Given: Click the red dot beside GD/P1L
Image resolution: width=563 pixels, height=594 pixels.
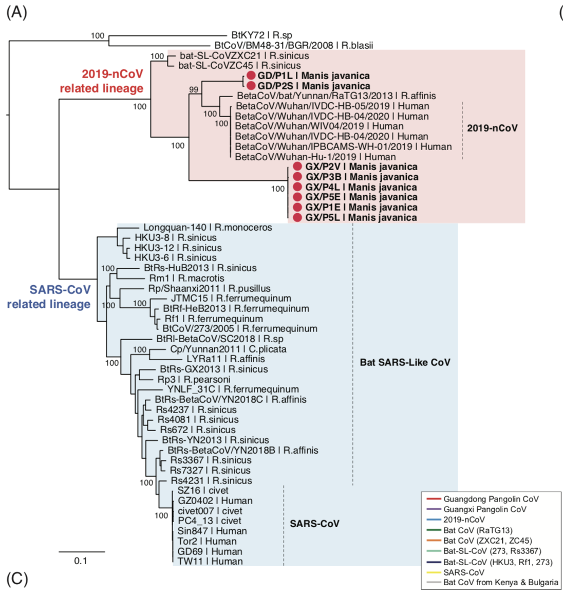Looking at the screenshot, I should click(x=251, y=76).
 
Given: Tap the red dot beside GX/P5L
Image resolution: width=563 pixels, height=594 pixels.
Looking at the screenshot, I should click(x=297, y=218).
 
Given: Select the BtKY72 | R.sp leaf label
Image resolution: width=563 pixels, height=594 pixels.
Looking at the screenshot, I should click(x=261, y=35).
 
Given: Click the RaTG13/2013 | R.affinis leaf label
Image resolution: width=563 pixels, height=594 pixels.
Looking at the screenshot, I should click(x=336, y=96).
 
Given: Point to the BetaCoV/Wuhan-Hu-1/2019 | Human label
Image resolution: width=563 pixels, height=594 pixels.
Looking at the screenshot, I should click(x=315, y=157).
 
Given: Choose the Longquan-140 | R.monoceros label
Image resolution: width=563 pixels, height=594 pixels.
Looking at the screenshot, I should click(x=208, y=228).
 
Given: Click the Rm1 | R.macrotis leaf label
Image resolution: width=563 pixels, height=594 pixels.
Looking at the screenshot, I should click(x=186, y=278).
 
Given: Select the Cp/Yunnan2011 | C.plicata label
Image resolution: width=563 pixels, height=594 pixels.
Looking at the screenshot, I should click(x=228, y=349).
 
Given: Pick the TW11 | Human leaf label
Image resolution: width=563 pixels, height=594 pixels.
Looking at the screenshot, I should click(x=210, y=562).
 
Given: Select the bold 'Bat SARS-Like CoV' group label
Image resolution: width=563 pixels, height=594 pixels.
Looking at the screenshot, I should click(x=405, y=362).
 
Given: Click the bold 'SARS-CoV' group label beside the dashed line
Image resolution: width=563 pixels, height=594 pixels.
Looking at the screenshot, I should click(x=314, y=524).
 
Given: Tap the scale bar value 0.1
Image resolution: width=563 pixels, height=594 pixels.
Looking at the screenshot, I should click(x=81, y=561).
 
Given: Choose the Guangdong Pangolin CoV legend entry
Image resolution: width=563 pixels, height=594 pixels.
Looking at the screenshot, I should click(x=491, y=499).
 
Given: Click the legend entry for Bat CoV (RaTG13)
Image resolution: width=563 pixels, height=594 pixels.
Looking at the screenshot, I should click(x=478, y=530).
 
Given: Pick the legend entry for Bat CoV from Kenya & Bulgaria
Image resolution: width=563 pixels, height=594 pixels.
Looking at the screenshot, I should click(x=500, y=583).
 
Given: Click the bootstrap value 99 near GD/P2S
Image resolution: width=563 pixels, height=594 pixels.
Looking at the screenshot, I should click(x=193, y=90).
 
